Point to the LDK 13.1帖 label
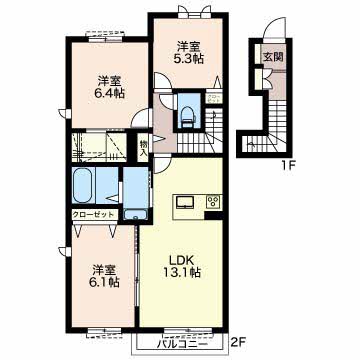click(x=181, y=267)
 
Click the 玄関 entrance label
click(x=273, y=57)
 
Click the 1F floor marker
click(x=287, y=165)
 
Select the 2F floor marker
click(x=239, y=342)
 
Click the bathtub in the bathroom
click(x=83, y=186)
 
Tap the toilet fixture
click(x=188, y=115)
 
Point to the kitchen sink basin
click(x=185, y=202)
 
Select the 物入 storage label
click(x=143, y=148)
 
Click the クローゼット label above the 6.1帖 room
click(x=95, y=214)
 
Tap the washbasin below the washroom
click(x=136, y=215)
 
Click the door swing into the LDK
click(x=161, y=164)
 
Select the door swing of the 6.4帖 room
click(x=140, y=118)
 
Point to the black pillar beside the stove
click(x=214, y=216)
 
